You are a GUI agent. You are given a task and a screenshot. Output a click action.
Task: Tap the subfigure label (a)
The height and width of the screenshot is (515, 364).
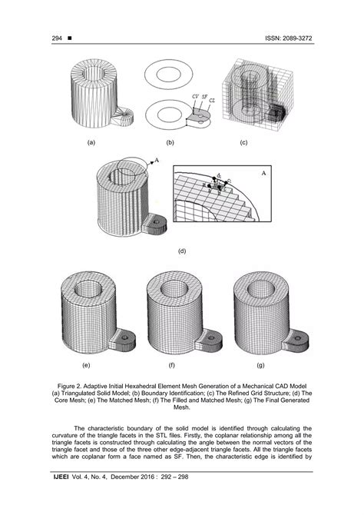tap(91, 143)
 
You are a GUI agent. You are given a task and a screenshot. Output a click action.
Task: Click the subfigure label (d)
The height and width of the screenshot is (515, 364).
tap(182, 251)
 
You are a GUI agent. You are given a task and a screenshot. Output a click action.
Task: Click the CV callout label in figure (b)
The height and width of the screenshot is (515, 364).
tap(194, 95)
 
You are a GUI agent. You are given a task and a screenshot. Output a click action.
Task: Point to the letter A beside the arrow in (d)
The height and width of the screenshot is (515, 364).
tap(157, 160)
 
